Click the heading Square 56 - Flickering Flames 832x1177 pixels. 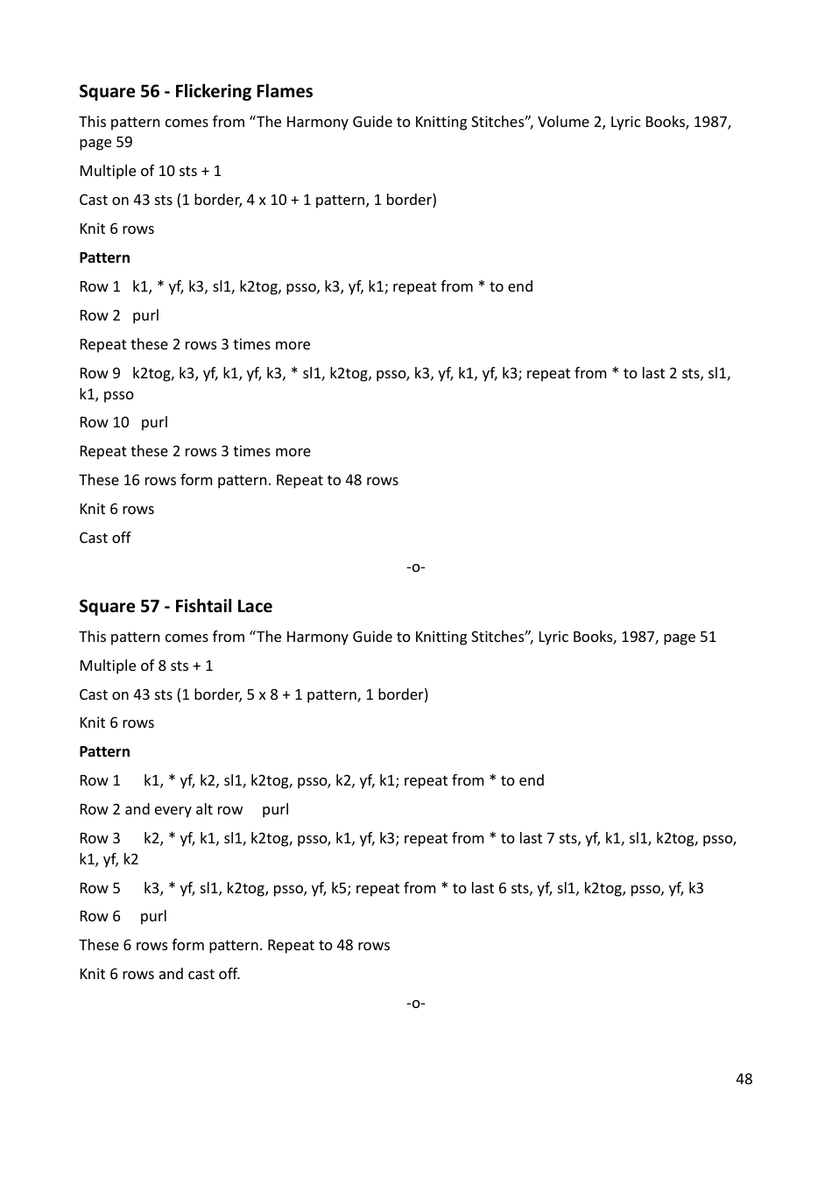coord(195,92)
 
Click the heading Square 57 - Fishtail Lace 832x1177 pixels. coord(175,606)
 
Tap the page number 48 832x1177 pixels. coord(744,1079)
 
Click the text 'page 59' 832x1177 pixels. coord(105,142)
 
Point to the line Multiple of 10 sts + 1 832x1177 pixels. coord(150,171)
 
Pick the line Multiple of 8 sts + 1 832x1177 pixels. coord(145,666)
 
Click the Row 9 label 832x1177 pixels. coord(99,373)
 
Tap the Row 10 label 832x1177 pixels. coord(103,422)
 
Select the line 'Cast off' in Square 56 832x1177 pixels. coord(104,538)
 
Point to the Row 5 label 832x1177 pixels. coord(99,888)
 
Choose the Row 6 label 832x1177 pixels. coord(99,916)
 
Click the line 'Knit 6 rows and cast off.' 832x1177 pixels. coord(159,974)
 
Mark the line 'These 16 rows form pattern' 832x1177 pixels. coord(238,480)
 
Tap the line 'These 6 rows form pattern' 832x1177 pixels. coord(234,945)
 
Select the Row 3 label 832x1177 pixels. coord(99,838)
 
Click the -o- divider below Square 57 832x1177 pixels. coord(416,1003)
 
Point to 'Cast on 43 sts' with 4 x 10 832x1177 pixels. coord(257,200)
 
